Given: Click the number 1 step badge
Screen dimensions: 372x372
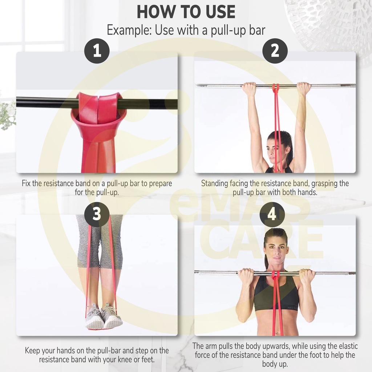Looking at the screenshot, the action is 97,51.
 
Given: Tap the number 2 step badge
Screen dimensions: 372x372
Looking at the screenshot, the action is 275,51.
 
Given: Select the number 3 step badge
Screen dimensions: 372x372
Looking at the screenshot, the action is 97,214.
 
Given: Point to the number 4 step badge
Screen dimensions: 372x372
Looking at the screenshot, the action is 272,214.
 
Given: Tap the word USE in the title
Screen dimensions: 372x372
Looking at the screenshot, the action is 221,12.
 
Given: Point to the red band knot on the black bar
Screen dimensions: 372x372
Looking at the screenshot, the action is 98,112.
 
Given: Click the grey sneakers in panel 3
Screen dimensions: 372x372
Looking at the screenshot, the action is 104,316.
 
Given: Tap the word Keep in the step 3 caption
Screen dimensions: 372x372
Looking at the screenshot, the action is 32,351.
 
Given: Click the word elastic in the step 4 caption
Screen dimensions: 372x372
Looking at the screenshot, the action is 348,346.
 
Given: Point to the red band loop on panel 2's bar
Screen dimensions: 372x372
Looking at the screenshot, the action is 276,88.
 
